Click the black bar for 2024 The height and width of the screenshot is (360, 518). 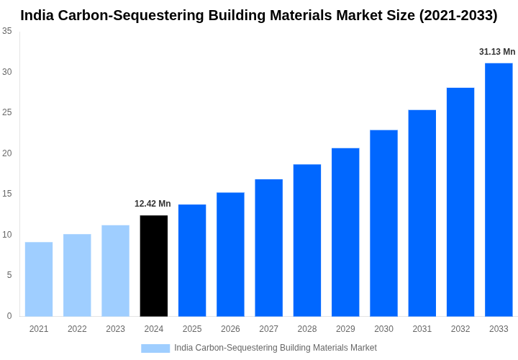154,266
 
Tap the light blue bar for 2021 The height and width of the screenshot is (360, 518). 39,279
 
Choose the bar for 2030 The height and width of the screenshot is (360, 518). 383,223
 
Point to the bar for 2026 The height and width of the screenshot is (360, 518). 230,254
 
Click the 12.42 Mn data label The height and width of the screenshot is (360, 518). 153,204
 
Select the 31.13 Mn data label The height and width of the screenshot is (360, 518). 497,52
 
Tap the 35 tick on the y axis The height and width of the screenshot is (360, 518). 7,31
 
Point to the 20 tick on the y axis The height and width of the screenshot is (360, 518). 7,153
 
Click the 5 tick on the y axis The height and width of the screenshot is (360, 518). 9,275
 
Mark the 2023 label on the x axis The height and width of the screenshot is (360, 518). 115,329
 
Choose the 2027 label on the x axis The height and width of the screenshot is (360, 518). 268,329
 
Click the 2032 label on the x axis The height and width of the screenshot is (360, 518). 460,329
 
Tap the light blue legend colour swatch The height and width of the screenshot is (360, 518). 155,348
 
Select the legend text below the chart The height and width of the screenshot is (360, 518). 275,348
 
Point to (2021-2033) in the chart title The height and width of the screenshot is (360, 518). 458,15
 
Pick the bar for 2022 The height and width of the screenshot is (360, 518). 77,275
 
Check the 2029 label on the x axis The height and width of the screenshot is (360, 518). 345,329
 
